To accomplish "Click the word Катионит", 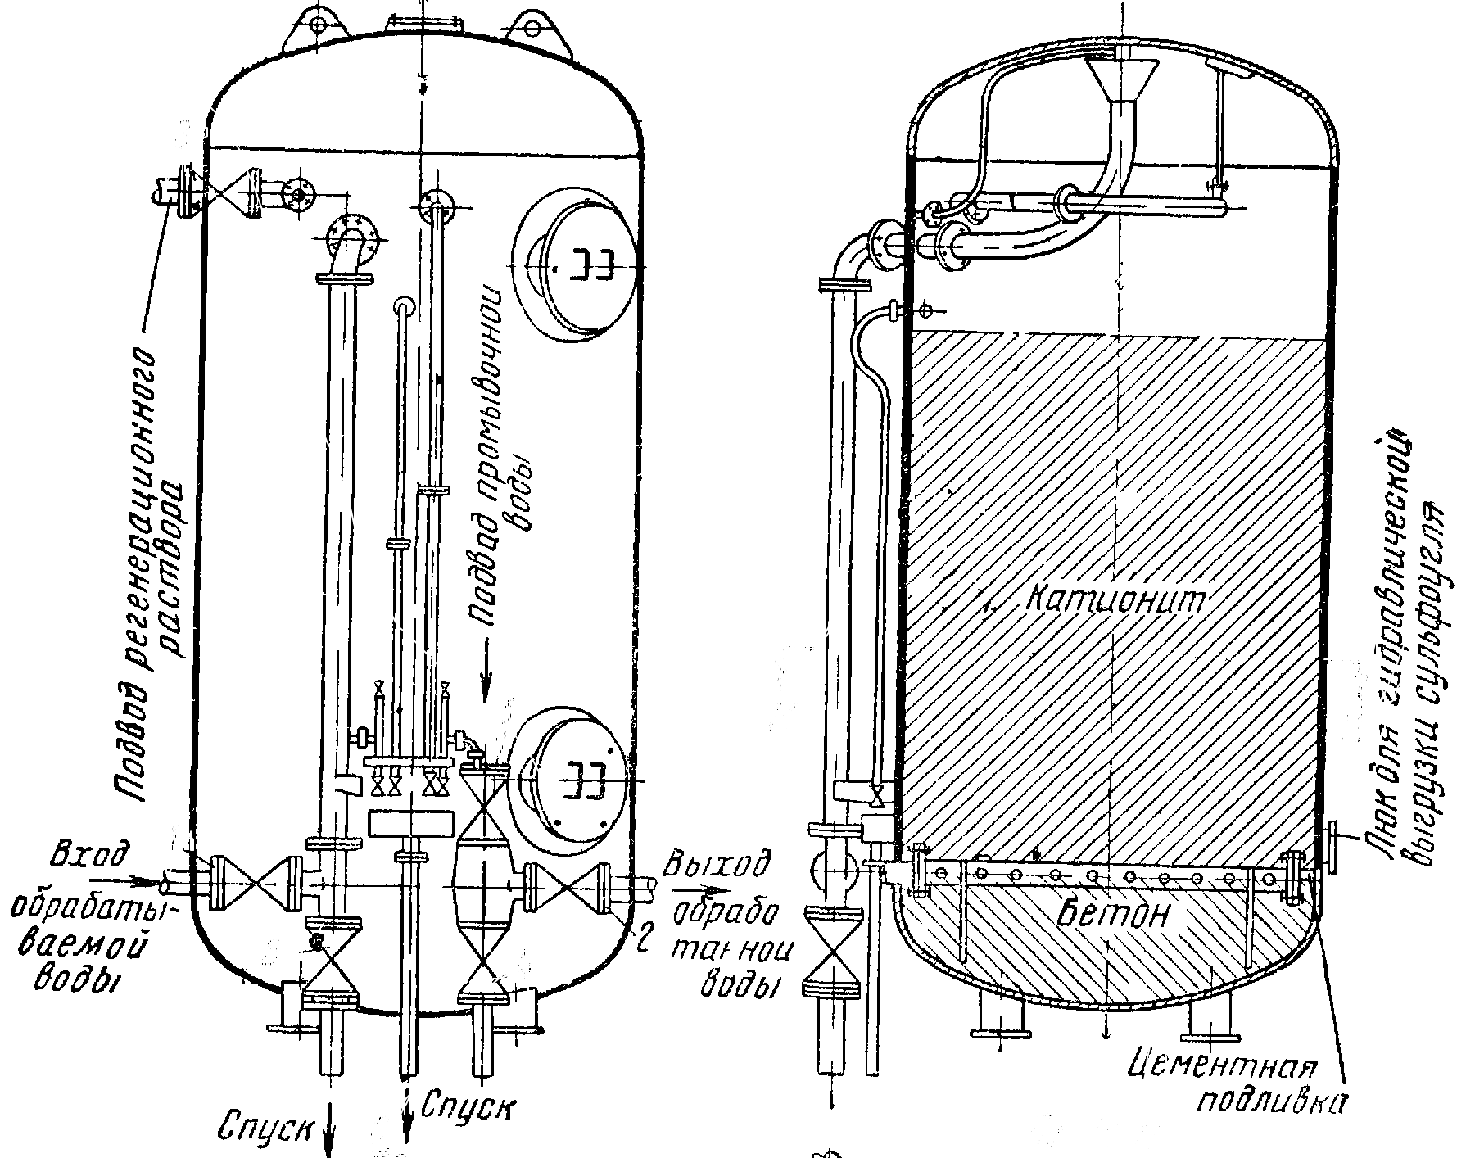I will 1116,600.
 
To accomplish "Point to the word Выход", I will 718,863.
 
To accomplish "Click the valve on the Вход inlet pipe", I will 254,884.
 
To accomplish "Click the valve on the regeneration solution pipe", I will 224,194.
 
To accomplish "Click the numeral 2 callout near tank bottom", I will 643,942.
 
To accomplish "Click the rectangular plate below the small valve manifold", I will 411,823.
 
